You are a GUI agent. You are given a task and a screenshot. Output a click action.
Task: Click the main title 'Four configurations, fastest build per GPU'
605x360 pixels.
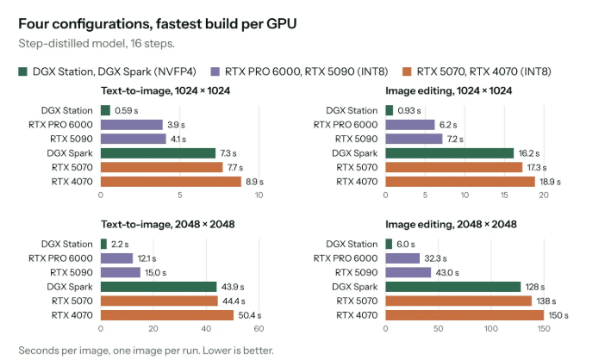pyautogui.click(x=158, y=24)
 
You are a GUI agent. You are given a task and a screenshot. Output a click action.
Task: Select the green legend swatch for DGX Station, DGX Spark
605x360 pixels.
pyautogui.click(x=22, y=71)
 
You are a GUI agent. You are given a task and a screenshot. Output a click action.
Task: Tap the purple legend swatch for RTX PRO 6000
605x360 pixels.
pyautogui.click(x=215, y=71)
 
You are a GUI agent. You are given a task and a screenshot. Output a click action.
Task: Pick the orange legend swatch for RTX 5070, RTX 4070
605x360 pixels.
pyautogui.click(x=407, y=71)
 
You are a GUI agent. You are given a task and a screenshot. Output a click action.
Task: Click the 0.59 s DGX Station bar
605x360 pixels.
pyautogui.click(x=105, y=110)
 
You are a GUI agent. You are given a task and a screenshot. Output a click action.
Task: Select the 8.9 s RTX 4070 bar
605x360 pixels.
pyautogui.click(x=171, y=182)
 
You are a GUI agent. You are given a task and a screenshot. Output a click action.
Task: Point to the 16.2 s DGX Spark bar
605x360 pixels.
pyautogui.click(x=450, y=153)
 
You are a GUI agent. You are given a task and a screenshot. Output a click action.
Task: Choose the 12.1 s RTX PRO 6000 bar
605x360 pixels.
pyautogui.click(x=117, y=258)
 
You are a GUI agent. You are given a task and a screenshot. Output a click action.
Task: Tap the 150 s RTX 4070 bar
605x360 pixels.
pyautogui.click(x=465, y=315)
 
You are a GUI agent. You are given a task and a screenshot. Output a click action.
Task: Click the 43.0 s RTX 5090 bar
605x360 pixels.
pyautogui.click(x=409, y=272)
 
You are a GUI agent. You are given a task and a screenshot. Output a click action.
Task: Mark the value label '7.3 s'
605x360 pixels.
pyautogui.click(x=228, y=153)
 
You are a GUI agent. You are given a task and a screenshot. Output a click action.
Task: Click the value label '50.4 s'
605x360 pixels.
pyautogui.click(x=250, y=315)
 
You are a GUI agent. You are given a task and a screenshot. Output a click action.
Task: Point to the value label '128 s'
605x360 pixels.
pyautogui.click(x=535, y=287)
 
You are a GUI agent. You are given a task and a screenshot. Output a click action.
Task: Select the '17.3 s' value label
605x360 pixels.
pyautogui.click(x=537, y=168)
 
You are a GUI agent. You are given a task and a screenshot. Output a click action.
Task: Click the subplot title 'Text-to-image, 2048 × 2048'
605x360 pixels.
pyautogui.click(x=168, y=224)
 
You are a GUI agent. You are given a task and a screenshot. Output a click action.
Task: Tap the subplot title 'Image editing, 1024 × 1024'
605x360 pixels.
pyautogui.click(x=449, y=90)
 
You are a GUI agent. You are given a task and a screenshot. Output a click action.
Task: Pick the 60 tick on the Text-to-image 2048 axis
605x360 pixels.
pyautogui.click(x=259, y=329)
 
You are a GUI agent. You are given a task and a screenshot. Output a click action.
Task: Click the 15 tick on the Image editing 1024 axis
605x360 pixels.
pyautogui.click(x=504, y=195)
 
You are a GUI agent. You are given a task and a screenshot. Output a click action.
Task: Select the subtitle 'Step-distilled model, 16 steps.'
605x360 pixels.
pyautogui.click(x=97, y=43)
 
